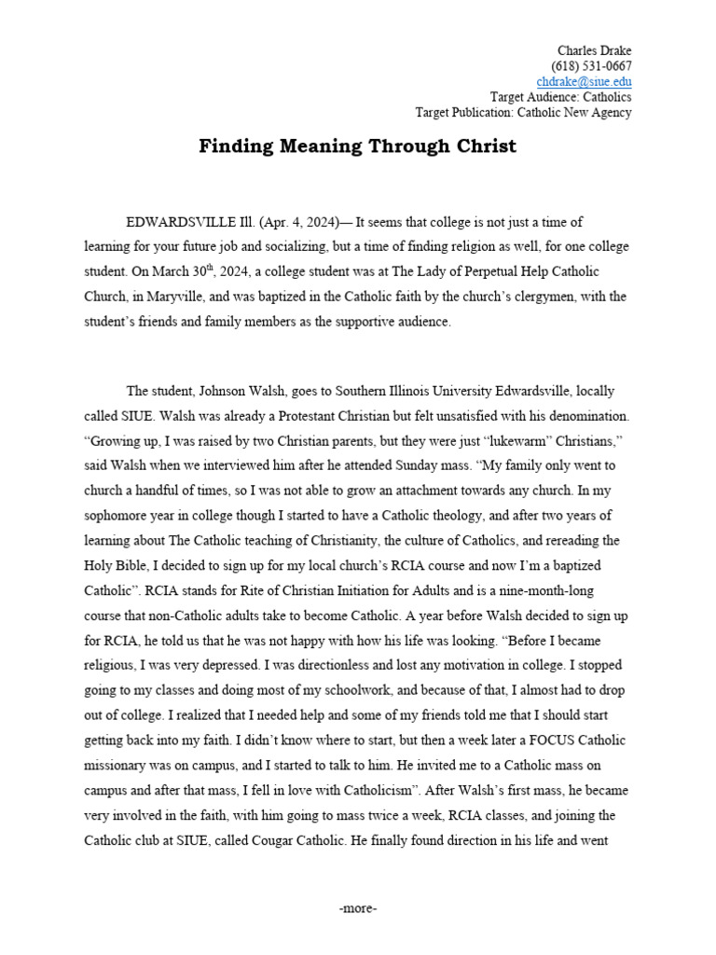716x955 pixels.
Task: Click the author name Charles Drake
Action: (594, 49)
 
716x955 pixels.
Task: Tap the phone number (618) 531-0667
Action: (591, 65)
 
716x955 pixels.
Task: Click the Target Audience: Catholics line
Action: (560, 97)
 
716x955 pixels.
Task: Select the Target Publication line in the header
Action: (523, 113)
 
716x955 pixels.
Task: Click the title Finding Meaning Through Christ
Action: (357, 147)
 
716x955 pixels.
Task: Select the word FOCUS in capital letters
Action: (513, 740)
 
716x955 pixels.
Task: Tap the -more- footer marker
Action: (358, 908)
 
